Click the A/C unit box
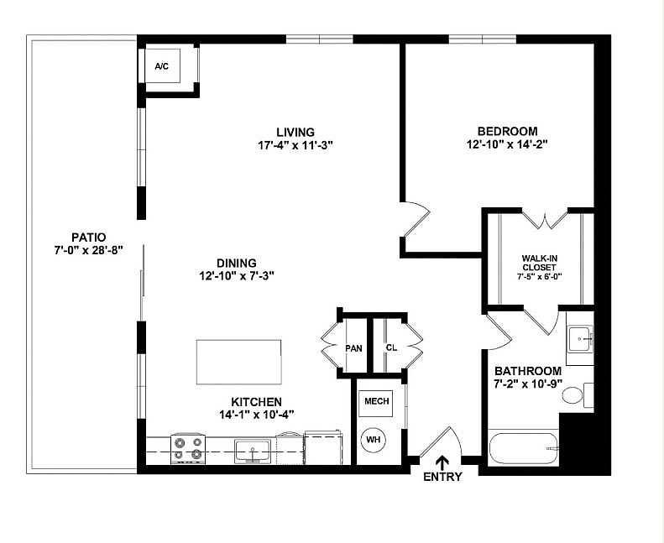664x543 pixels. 162,66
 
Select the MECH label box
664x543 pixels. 376,402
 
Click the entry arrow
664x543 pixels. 442,461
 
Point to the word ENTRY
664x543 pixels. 442,478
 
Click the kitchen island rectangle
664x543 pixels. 239,361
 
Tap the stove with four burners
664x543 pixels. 188,449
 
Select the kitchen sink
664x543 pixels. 253,451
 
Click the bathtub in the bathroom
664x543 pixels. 523,448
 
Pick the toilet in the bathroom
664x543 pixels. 575,394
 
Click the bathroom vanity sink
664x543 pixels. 579,339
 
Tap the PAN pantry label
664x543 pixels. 353,347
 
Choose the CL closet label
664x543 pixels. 391,347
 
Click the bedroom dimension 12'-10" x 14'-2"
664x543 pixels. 507,144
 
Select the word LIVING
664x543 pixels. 295,132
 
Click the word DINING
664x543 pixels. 237,263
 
